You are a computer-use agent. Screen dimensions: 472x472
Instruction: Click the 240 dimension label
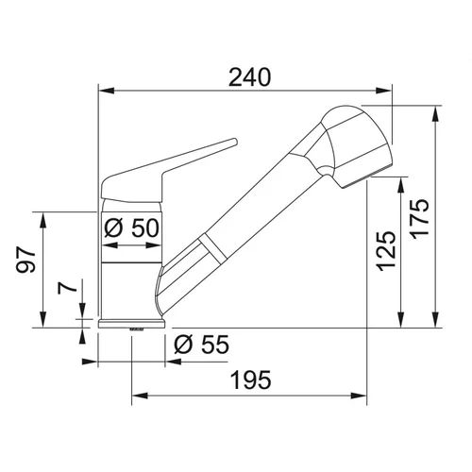pos(249,77)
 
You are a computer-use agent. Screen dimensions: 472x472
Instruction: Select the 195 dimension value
pos(251,379)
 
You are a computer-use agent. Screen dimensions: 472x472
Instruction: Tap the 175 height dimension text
pos(420,219)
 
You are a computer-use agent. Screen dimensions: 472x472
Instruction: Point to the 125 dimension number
pos(386,251)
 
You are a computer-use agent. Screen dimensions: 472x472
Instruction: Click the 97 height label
pos(25,260)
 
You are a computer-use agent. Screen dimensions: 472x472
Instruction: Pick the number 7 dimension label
pos(67,287)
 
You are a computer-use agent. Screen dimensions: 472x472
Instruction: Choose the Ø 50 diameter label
pos(131,228)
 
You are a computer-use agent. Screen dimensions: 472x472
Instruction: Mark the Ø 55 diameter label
pos(202,345)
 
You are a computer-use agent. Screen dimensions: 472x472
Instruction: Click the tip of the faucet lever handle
pos(234,141)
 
